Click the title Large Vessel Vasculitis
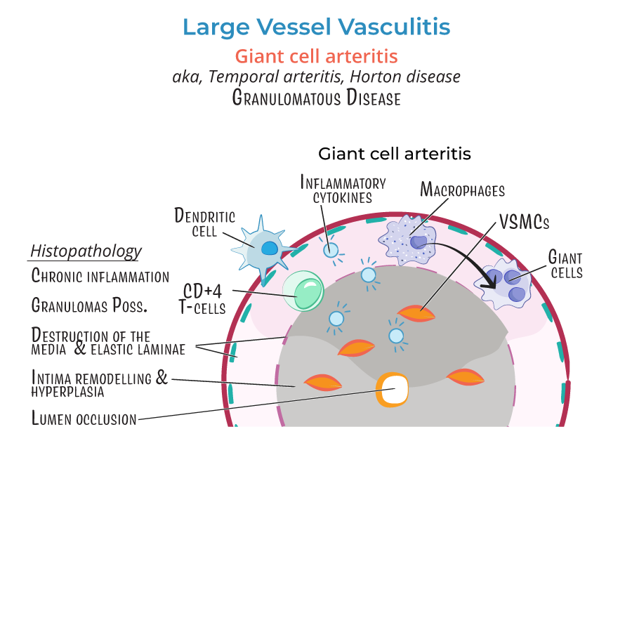click(x=316, y=27)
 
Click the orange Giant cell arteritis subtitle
click(x=316, y=55)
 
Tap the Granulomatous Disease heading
click(x=316, y=98)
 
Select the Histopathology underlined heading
click(x=86, y=251)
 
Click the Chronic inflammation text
click(x=100, y=276)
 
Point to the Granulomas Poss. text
click(x=89, y=305)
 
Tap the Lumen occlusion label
click(x=84, y=419)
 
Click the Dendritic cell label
click(x=204, y=222)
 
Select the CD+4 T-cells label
click(x=204, y=298)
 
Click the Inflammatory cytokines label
click(x=343, y=190)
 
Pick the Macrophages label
click(x=462, y=190)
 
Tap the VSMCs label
click(x=523, y=223)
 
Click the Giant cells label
click(x=566, y=265)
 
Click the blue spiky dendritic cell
click(x=263, y=249)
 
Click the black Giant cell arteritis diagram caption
click(x=394, y=153)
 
